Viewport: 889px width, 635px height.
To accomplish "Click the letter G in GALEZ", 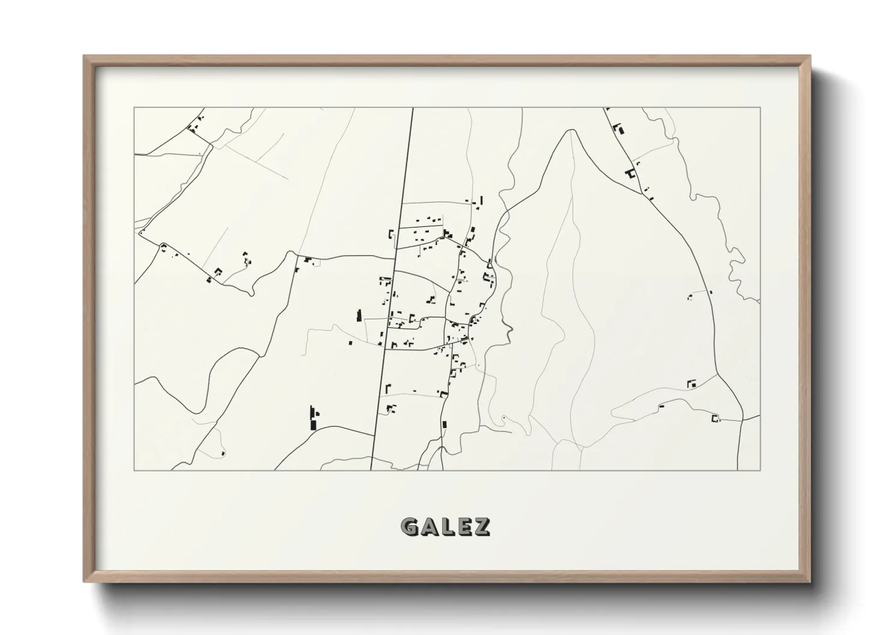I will pos(410,527).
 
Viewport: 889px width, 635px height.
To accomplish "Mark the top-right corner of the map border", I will pos(760,108).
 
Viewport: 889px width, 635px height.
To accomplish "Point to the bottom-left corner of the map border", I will pos(135,470).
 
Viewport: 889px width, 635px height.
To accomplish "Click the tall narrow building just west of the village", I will pos(360,316).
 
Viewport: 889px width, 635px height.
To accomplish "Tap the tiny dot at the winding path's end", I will pos(503,417).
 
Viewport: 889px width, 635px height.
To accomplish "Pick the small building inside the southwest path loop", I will pos(223,453).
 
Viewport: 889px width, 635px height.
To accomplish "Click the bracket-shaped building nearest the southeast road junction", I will pos(715,418).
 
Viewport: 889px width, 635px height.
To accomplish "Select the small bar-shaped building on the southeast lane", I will pos(661,406).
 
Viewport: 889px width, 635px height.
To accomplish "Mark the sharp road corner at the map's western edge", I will pos(139,233).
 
